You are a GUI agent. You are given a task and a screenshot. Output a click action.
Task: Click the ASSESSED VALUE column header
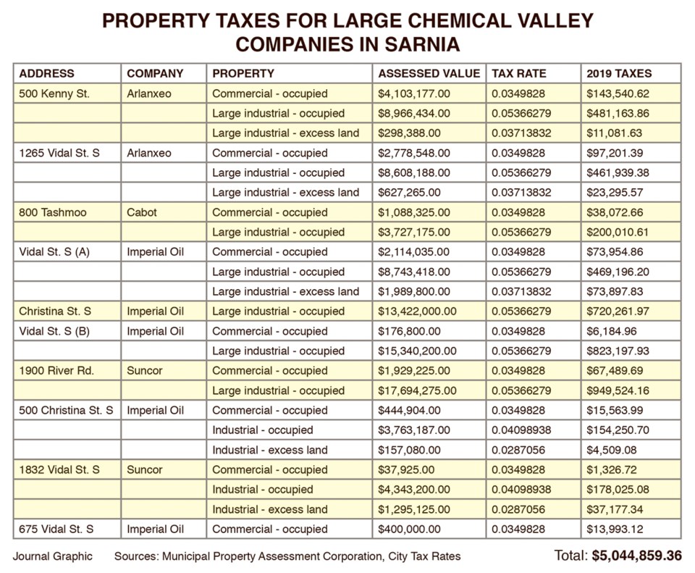click(x=429, y=73)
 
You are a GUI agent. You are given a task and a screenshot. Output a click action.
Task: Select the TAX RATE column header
click(x=518, y=73)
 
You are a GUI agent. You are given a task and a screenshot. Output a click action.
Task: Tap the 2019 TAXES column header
click(x=619, y=73)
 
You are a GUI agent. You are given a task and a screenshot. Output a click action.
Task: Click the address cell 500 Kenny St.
click(x=54, y=93)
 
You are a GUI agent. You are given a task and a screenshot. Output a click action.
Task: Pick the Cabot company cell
click(x=142, y=212)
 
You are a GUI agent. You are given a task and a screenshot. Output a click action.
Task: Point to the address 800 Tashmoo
click(x=53, y=212)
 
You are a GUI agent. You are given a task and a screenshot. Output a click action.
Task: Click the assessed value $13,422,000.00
click(x=417, y=311)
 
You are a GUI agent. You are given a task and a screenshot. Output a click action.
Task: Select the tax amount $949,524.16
click(x=618, y=390)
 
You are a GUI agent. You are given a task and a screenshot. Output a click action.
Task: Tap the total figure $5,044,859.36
click(x=637, y=556)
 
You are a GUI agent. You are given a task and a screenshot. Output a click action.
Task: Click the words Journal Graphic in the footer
click(x=53, y=556)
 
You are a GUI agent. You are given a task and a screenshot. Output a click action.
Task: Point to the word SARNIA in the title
click(x=422, y=44)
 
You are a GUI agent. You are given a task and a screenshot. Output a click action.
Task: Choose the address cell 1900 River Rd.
click(x=56, y=371)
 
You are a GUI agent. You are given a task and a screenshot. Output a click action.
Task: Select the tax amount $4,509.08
click(x=612, y=450)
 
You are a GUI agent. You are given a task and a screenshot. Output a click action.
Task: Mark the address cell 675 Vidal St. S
click(x=56, y=529)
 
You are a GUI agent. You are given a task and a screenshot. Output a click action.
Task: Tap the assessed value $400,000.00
click(x=409, y=529)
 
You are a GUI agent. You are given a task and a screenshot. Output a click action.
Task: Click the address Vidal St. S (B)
click(x=54, y=331)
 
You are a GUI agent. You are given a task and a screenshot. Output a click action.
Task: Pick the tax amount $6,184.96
click(x=612, y=331)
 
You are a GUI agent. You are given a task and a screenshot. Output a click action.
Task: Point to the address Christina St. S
click(x=55, y=311)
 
